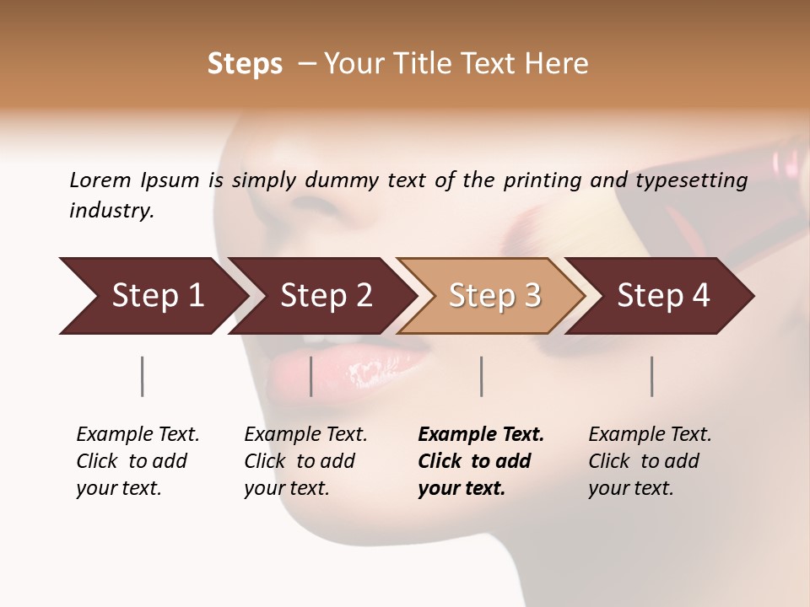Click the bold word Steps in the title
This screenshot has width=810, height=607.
[x=245, y=64]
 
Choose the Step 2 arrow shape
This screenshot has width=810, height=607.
[x=326, y=296]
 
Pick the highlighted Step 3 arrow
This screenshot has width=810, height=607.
[x=494, y=296]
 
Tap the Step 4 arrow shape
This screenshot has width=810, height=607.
[x=663, y=296]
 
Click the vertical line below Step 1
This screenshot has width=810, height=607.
[x=143, y=376]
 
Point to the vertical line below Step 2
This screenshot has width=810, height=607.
[x=311, y=376]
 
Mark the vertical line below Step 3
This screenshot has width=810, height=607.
[x=482, y=376]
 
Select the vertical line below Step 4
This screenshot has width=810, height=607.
[x=652, y=376]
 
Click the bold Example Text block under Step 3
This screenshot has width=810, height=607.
[x=481, y=461]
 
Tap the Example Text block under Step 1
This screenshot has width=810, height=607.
[x=138, y=461]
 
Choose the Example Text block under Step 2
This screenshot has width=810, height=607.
[x=305, y=461]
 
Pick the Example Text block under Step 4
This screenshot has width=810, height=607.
[x=650, y=461]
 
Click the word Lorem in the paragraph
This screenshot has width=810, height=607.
[x=100, y=180]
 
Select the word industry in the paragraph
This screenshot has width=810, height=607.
[x=111, y=211]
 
